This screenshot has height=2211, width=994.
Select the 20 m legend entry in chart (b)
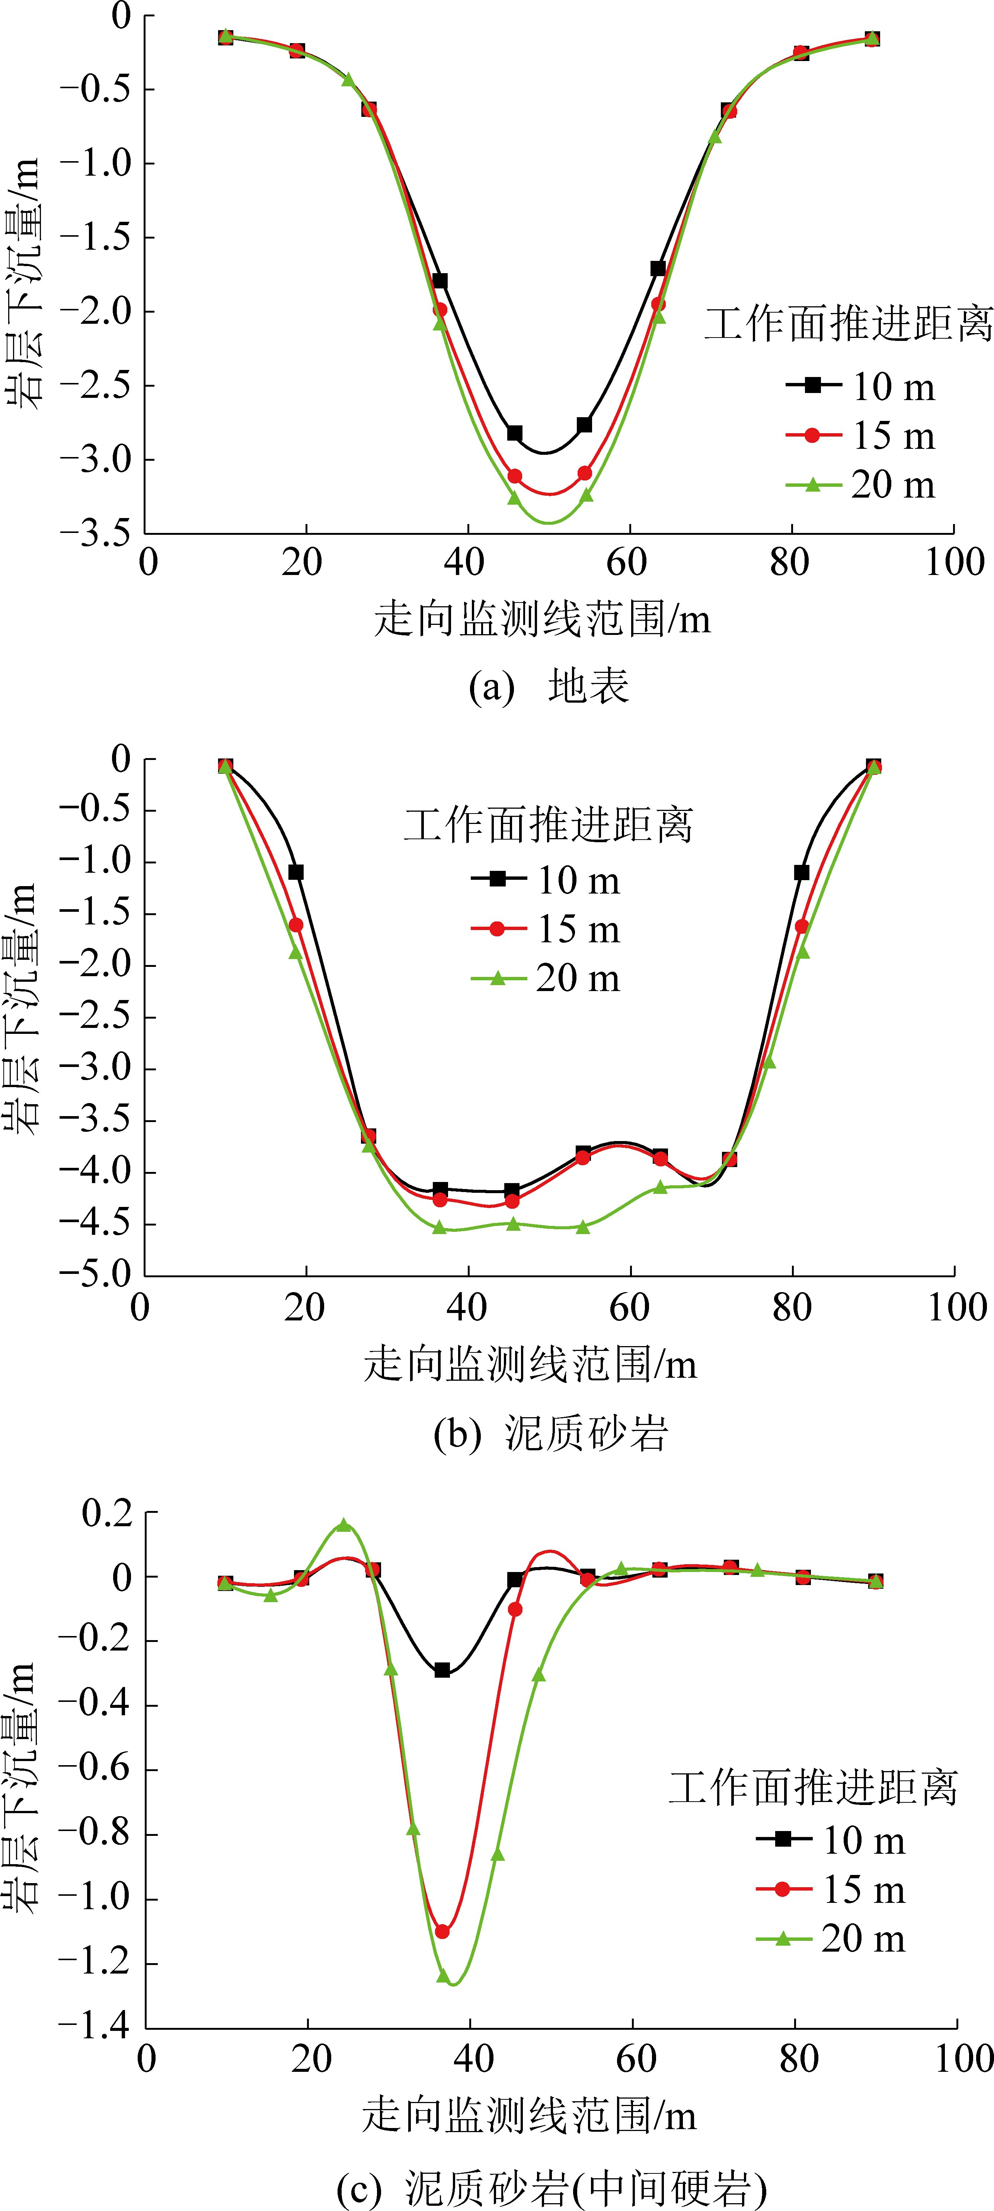tap(545, 978)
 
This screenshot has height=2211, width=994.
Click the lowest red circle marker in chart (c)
tap(442, 1930)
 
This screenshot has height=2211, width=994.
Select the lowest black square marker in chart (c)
tap(442, 1670)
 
